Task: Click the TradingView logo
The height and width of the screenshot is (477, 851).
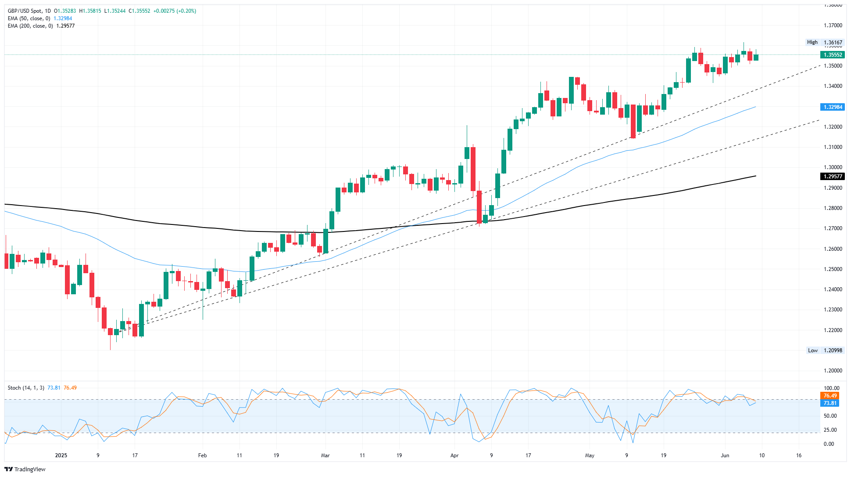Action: pyautogui.click(x=25, y=469)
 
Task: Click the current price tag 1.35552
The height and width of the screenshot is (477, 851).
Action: pyautogui.click(x=833, y=55)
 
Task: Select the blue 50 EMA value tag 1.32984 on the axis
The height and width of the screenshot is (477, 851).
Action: pyautogui.click(x=833, y=107)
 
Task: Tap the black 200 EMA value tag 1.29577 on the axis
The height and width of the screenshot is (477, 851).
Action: pyautogui.click(x=833, y=177)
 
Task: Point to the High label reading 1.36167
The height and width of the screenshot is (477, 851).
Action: pyautogui.click(x=825, y=43)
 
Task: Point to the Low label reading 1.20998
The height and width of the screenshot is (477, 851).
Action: pyautogui.click(x=825, y=351)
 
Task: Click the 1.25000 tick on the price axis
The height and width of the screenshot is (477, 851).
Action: pyautogui.click(x=833, y=269)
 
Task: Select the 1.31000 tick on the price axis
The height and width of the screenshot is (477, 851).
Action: pyautogui.click(x=833, y=147)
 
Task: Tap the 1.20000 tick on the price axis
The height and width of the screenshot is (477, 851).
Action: pyautogui.click(x=833, y=371)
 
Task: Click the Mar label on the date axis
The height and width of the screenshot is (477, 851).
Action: pyautogui.click(x=325, y=455)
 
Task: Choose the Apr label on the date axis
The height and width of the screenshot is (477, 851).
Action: pyautogui.click(x=454, y=455)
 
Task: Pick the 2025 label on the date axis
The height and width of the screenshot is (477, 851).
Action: pyautogui.click(x=61, y=455)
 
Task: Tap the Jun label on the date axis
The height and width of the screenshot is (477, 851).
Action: pyautogui.click(x=725, y=455)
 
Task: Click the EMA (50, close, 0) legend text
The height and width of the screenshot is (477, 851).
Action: pyautogui.click(x=29, y=18)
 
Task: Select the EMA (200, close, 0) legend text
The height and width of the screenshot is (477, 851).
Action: pyautogui.click(x=30, y=26)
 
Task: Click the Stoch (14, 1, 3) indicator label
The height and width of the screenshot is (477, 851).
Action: pyautogui.click(x=26, y=388)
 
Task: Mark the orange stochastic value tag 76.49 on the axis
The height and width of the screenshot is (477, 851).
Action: pyautogui.click(x=830, y=396)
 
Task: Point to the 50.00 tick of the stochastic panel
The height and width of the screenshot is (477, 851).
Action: pyautogui.click(x=830, y=416)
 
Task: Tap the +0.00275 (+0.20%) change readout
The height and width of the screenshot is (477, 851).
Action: pyautogui.click(x=175, y=11)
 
